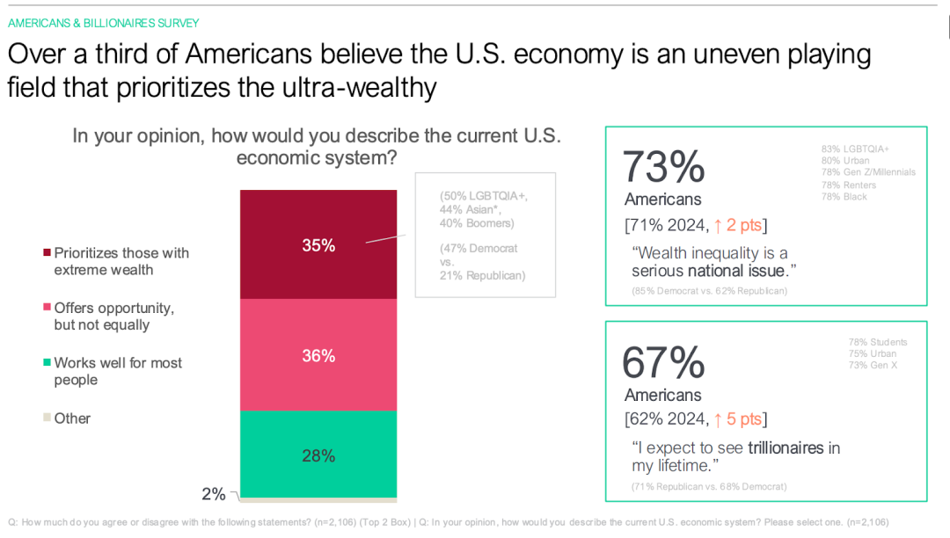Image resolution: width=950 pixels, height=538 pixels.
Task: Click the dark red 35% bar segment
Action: (318, 244)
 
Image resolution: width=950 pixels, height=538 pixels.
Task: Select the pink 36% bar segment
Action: (318, 355)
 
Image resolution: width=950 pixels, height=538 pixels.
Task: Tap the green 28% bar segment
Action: (318, 455)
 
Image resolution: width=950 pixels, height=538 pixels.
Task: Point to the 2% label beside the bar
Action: (214, 494)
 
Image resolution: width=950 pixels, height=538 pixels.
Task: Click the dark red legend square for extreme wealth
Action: (47, 253)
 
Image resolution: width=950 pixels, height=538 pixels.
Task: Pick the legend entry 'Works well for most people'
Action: (118, 371)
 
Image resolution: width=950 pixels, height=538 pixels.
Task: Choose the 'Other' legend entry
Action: (72, 418)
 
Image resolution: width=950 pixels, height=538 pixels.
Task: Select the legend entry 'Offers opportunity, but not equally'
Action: (114, 316)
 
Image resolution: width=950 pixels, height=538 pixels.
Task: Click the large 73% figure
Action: (663, 166)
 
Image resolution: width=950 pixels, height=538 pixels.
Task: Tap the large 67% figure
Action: (663, 362)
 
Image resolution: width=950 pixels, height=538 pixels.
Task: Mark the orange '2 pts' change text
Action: (738, 226)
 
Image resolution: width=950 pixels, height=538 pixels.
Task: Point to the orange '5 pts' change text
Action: (738, 419)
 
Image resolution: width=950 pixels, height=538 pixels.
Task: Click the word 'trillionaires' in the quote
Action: (786, 447)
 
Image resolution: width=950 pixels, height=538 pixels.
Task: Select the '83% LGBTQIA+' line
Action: (855, 149)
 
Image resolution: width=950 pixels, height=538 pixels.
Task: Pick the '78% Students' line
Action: (877, 342)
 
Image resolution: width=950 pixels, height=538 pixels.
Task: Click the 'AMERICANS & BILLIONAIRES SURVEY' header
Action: (104, 23)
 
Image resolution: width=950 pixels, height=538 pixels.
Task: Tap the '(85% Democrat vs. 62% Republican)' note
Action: (709, 291)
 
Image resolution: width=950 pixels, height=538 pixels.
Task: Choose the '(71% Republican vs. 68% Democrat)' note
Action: (709, 486)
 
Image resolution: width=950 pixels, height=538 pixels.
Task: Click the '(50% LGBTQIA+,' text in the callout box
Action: (484, 196)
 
